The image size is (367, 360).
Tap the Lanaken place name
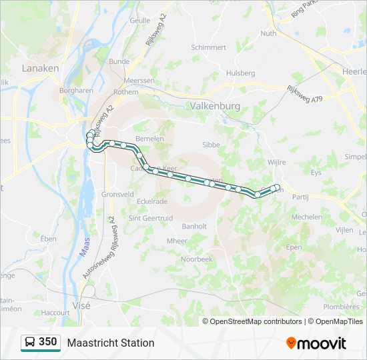tap(40, 68)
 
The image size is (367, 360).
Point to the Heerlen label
tap(354, 70)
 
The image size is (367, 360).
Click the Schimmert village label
tap(209, 47)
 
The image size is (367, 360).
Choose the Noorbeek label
tap(196, 258)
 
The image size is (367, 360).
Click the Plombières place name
tap(341, 307)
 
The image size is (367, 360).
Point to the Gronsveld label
tap(117, 194)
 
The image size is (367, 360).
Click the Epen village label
tap(294, 246)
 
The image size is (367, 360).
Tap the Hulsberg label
tap(241, 73)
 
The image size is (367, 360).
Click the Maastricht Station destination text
tap(111, 343)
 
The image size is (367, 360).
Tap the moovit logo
tap(316, 343)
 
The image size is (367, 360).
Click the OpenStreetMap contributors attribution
tap(256, 321)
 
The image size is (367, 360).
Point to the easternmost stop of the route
tap(278, 187)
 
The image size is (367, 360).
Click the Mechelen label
tap(307, 217)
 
